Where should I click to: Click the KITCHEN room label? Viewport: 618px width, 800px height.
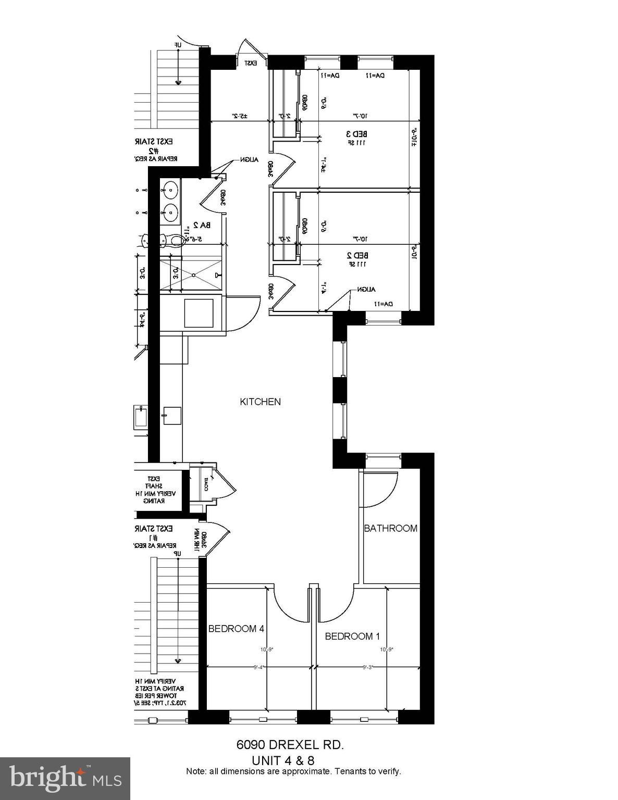pos(260,402)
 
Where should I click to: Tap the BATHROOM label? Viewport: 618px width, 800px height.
pos(390,528)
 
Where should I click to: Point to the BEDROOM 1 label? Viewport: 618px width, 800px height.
pos(349,636)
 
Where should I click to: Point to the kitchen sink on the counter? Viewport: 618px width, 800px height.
pos(171,415)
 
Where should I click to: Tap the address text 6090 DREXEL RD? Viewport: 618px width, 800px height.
pos(290,745)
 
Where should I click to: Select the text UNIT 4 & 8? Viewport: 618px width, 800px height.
pos(283,760)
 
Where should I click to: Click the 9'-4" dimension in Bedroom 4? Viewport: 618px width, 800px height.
pos(259,667)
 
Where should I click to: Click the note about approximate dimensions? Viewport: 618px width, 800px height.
pos(293,771)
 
